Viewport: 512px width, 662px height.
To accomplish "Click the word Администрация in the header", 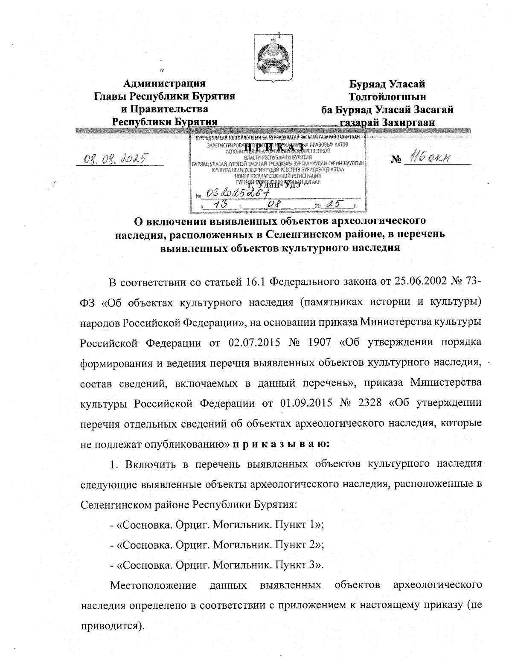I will click(x=164, y=83).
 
